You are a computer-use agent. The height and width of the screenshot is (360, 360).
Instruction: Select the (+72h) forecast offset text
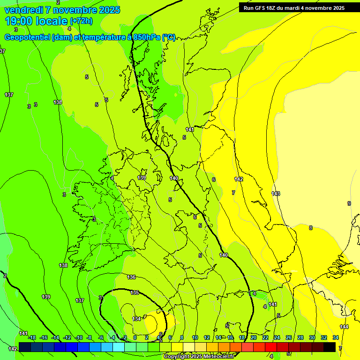coord(81,21)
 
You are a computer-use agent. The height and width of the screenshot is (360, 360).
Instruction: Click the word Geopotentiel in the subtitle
coord(28,37)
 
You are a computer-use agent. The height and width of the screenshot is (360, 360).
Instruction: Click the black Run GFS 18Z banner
coord(294,7)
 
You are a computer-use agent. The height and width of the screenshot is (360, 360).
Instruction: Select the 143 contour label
coord(276,194)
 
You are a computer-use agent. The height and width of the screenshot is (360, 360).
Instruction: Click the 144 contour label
coord(344,327)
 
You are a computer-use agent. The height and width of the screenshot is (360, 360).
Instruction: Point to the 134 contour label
coord(136,319)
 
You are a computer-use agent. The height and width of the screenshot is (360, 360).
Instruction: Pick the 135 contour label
coord(135,292)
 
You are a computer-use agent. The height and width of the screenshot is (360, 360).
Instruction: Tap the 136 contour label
coord(131,277)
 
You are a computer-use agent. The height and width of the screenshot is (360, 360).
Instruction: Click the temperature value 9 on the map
coord(349,203)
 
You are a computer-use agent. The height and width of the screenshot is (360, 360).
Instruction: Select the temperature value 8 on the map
coord(310,228)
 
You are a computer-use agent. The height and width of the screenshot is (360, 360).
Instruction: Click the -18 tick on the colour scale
coord(32,337)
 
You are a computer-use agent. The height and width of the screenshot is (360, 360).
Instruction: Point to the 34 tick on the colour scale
coord(336,337)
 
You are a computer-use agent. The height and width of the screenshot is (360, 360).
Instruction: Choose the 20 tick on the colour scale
coord(254,337)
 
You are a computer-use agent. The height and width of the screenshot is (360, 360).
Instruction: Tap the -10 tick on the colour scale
coord(79,337)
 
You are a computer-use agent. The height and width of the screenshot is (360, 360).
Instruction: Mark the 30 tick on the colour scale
coord(312,337)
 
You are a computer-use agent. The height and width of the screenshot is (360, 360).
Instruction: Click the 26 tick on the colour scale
coord(289,337)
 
